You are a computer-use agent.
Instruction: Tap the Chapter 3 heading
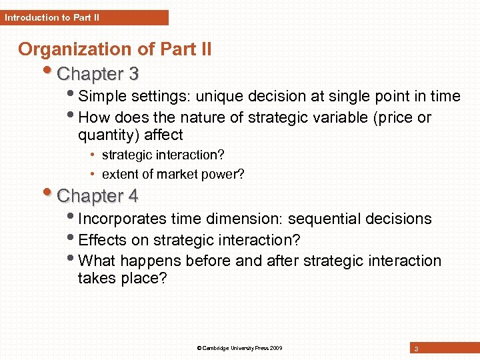(98, 73)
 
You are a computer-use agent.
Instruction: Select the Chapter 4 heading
(98, 196)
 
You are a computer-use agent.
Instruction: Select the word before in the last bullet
(208, 261)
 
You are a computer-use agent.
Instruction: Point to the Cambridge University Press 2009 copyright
(240, 348)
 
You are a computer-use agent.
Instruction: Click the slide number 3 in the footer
(416, 349)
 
